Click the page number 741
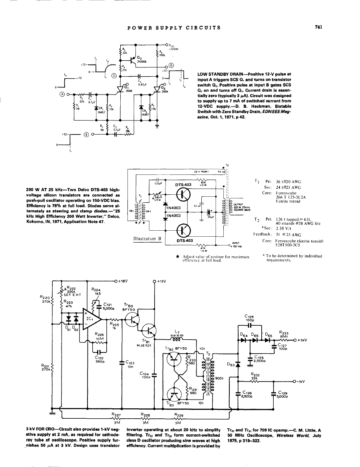coord(318,27)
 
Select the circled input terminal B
coord(86,134)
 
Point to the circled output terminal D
coord(171,65)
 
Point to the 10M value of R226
coord(99,338)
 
